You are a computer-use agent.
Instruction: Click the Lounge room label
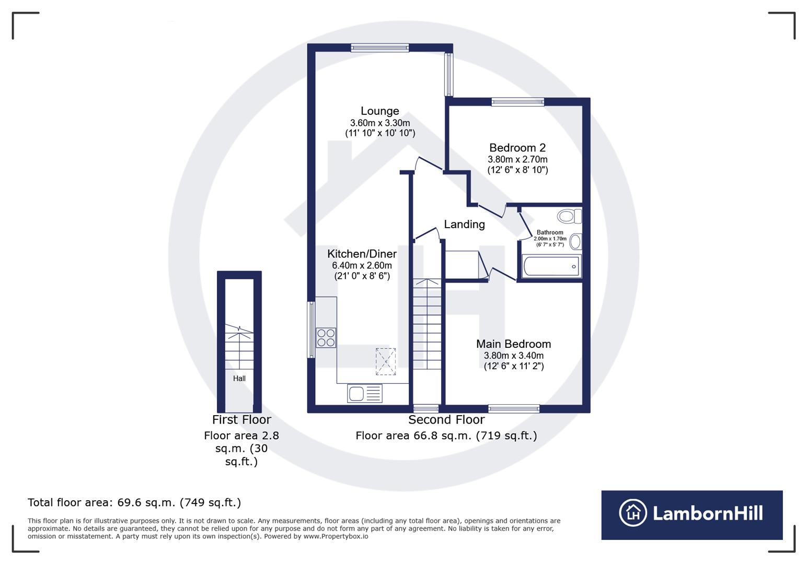tap(379, 111)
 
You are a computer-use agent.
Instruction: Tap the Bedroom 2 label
tap(517, 148)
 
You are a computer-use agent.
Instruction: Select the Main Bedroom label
tap(513, 344)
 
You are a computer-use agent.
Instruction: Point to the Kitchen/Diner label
tap(362, 254)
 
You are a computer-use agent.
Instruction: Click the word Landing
tap(464, 225)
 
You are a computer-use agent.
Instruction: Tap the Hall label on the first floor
tap(239, 379)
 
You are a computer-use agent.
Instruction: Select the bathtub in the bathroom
tap(551, 266)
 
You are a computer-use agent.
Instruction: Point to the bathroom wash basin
tap(575, 242)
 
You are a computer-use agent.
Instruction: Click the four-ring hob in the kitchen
tap(326, 338)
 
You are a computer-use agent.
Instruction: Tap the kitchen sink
tap(364, 393)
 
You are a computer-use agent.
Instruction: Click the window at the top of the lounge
tap(380, 48)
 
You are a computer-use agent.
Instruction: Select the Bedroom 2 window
tap(517, 102)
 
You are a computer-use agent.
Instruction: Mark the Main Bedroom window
tap(514, 408)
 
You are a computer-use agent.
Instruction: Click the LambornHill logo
tap(691, 514)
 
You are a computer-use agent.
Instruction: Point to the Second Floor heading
tap(446, 420)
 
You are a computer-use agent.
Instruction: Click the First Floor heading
tap(241, 420)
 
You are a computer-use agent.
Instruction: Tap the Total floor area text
tap(134, 503)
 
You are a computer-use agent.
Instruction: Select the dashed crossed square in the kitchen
tap(386, 361)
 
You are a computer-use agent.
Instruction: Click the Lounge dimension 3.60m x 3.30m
tap(380, 123)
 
